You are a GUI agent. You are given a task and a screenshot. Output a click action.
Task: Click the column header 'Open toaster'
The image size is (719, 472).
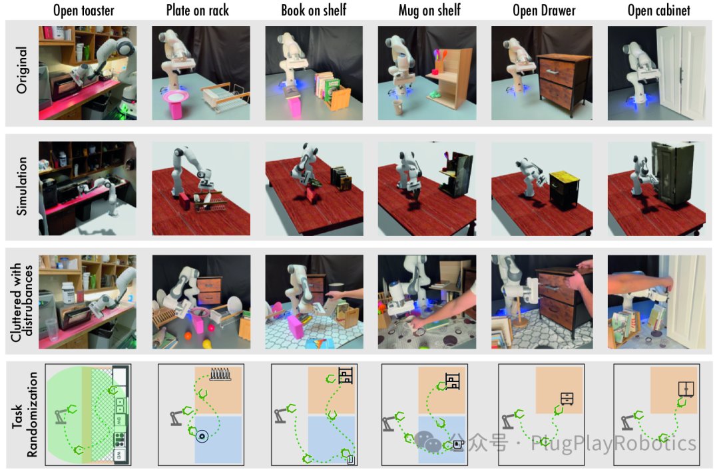[83, 10]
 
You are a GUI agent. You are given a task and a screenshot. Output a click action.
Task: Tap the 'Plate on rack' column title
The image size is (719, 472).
[198, 10]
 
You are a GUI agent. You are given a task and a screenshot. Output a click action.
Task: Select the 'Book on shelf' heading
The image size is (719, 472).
[314, 10]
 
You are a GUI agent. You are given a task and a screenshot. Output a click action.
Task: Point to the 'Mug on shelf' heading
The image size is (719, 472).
[429, 10]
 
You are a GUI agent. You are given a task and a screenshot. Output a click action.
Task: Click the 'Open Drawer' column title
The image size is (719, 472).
[544, 10]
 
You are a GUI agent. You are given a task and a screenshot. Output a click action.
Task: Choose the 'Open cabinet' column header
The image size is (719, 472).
[658, 10]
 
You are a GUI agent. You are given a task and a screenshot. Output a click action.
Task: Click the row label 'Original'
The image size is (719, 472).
[21, 70]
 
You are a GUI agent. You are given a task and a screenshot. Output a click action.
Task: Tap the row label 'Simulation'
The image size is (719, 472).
[21, 186]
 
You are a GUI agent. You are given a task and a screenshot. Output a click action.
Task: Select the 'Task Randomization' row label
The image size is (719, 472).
[25, 414]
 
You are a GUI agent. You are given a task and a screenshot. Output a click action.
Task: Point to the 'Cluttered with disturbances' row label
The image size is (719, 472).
[21, 302]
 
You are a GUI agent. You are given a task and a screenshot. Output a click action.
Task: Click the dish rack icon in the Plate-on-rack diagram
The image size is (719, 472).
[220, 374]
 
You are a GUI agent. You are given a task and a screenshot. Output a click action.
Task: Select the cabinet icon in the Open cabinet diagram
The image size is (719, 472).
[686, 389]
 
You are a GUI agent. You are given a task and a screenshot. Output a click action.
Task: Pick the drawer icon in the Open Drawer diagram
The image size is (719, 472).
[567, 399]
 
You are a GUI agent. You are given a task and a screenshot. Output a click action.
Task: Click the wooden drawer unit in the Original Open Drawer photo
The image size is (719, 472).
[562, 85]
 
